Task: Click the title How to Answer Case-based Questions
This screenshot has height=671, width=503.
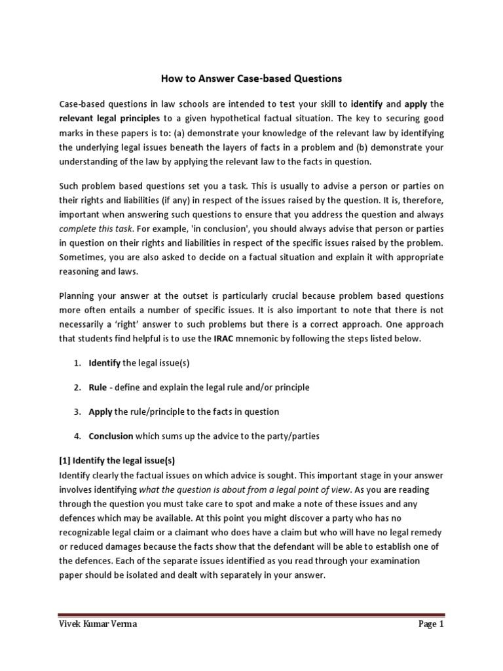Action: (x=251, y=79)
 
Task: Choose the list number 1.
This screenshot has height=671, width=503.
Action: (x=77, y=362)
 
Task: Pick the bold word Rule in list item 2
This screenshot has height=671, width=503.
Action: (x=98, y=387)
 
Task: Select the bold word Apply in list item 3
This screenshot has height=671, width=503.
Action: (x=100, y=412)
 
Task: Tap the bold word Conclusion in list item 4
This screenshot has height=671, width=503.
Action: (x=111, y=436)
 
